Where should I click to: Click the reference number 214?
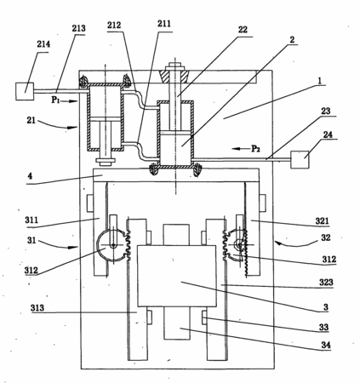43,44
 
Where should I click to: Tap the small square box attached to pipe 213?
25,91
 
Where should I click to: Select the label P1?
55,100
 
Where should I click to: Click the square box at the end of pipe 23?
300,159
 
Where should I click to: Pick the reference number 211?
164,24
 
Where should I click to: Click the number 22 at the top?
243,30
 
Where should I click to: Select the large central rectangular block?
177,276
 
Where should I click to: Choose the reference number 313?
37,308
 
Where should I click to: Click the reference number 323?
326,283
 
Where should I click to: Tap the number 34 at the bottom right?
326,346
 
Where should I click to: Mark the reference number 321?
323,220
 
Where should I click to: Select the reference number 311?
31,220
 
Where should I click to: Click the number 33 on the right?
323,327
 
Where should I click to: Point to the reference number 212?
114,26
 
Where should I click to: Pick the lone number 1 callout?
319,81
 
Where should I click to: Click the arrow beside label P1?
69,100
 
